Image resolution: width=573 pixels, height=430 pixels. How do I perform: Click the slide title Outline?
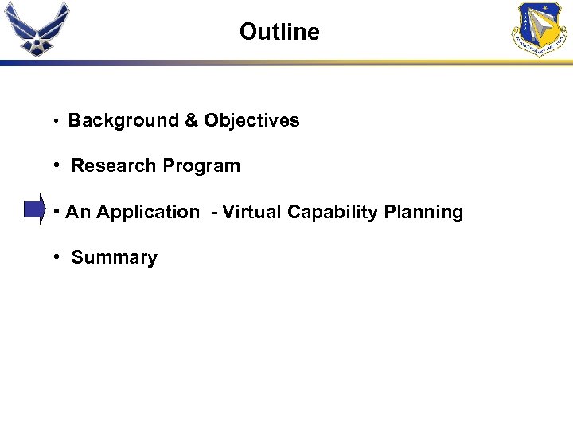(279, 32)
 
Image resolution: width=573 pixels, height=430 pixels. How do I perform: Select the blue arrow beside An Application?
(34, 210)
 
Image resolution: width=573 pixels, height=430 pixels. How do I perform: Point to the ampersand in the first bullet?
(191, 121)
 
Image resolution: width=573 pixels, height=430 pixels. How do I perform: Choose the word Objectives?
(251, 121)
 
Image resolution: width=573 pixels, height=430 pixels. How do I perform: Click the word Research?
(114, 166)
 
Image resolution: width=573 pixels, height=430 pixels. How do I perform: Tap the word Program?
(201, 166)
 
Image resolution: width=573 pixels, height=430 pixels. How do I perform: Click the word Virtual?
(252, 213)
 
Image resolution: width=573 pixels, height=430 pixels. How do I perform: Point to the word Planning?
(423, 213)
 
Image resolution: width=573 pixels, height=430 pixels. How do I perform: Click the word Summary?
(114, 258)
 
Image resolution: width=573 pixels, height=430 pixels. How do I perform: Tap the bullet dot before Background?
(55, 122)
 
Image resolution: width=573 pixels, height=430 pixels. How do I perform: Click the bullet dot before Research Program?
(58, 166)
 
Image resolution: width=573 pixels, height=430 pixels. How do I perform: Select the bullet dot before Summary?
(58, 258)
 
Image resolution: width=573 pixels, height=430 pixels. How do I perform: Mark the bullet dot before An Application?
(58, 213)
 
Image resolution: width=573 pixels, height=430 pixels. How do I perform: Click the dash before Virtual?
(214, 213)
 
